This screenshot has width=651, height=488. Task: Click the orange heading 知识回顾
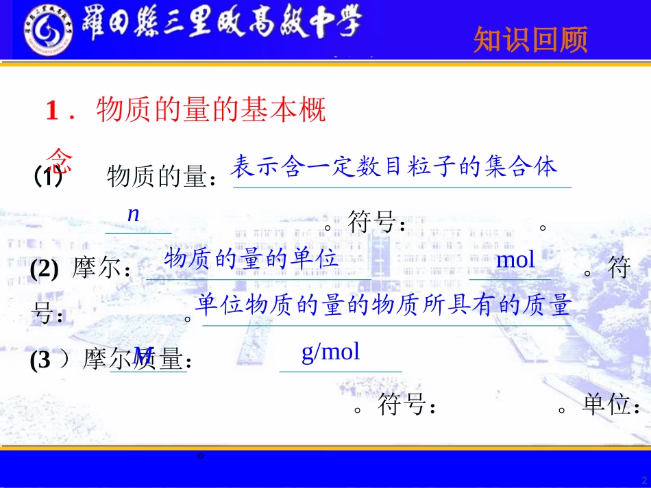(x=530, y=40)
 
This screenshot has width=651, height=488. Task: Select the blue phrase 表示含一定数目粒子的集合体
(x=394, y=166)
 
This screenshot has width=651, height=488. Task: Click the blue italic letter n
(x=134, y=214)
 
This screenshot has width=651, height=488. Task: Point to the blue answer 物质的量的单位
(x=251, y=259)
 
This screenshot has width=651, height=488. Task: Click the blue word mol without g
(x=515, y=260)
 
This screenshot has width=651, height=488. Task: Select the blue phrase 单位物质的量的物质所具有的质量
(x=382, y=305)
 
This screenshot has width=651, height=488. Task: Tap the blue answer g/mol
(x=330, y=352)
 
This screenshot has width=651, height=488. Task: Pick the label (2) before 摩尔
(x=44, y=269)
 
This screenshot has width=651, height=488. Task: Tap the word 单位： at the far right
(x=613, y=406)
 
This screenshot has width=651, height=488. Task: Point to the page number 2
(x=643, y=479)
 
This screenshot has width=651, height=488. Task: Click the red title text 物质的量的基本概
(x=211, y=110)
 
